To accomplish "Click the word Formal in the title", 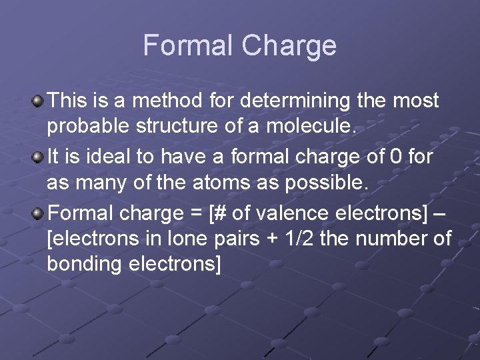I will coord(189,45).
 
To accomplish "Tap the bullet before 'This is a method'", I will coord(39,101).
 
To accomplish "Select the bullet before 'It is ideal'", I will coord(39,157).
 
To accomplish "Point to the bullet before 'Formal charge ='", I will coord(39,213).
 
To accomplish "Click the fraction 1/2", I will coord(299,238).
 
